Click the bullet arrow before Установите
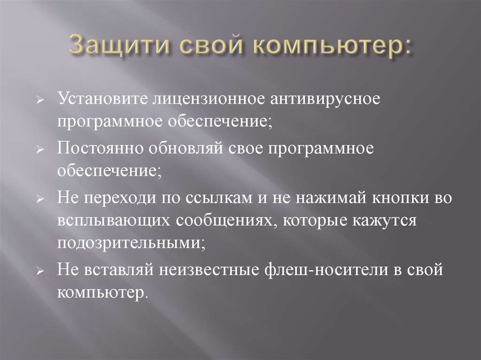40,101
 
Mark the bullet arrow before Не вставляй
40,272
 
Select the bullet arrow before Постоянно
40,150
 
